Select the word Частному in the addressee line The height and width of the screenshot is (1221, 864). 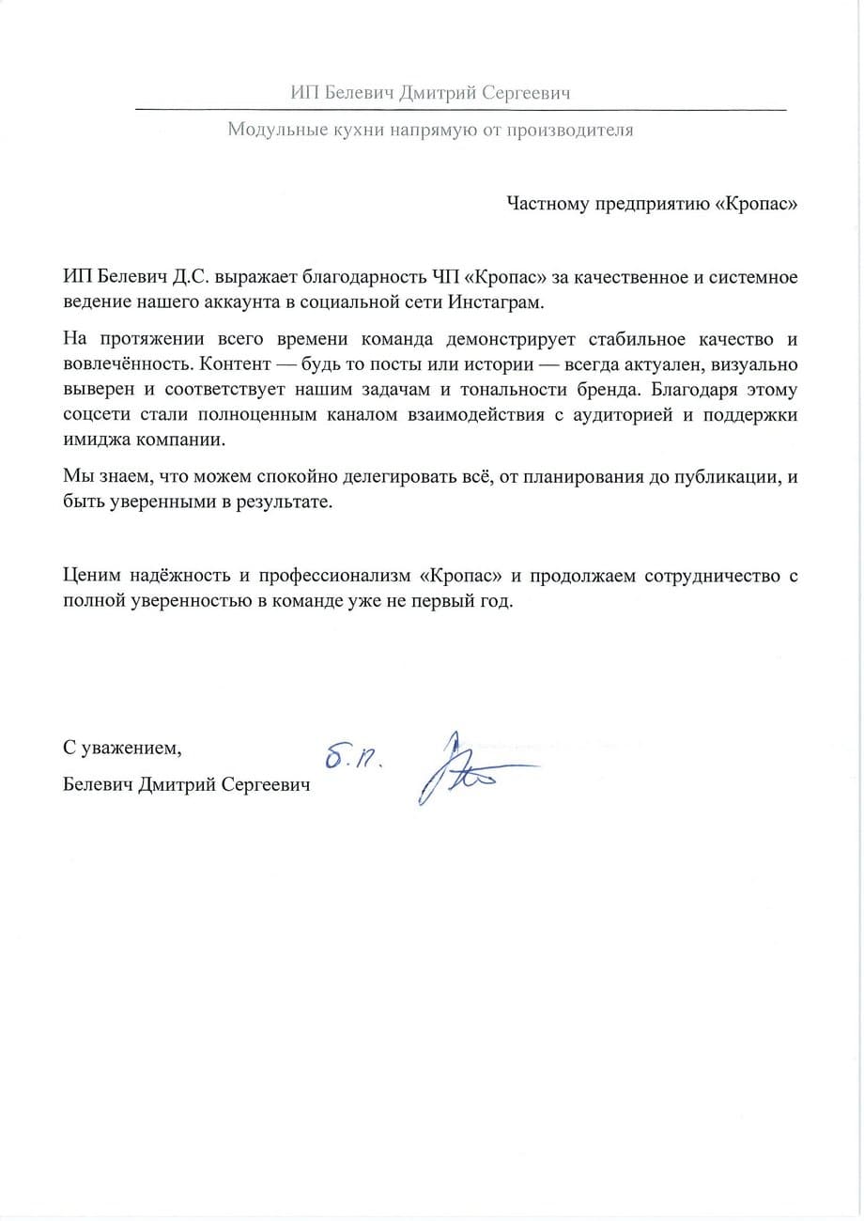click(545, 205)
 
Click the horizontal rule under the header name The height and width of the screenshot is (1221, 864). click(460, 111)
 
